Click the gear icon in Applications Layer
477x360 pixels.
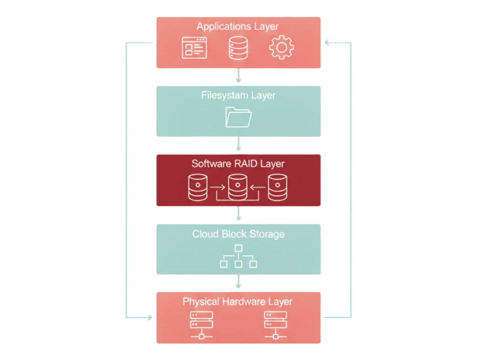tap(281, 48)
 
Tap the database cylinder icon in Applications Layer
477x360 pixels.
tap(238, 48)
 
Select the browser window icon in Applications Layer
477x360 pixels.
tap(194, 48)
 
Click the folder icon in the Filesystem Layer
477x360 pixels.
tap(238, 117)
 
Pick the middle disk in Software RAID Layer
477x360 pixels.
tap(238, 187)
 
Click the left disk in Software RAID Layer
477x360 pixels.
tap(198, 187)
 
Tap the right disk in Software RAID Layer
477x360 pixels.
tap(278, 187)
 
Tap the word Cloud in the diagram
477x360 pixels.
tap(205, 234)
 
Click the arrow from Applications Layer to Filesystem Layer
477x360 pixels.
tap(238, 76)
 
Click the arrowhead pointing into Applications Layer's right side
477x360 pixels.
tap(327, 43)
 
